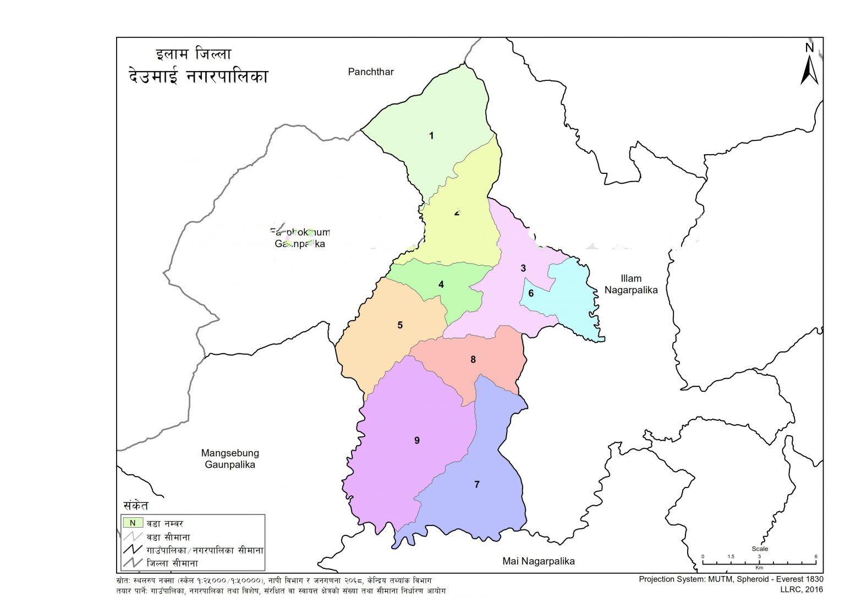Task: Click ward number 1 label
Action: coord(431,135)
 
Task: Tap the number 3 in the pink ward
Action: coord(523,268)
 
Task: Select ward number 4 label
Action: coord(441,284)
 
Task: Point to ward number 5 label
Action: coord(400,325)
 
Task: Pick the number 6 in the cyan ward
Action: coord(531,293)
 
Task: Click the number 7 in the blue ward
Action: coord(477,484)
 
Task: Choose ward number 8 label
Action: coord(473,359)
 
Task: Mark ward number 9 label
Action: coord(417,440)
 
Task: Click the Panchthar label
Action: coord(371,72)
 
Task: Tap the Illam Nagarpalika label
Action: coord(631,284)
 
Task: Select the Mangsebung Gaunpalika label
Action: coord(230,459)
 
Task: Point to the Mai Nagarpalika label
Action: coord(539,561)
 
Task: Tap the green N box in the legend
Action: coord(133,523)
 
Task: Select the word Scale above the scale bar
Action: coord(760,549)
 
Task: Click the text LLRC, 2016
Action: coord(802,589)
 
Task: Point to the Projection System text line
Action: coord(731,579)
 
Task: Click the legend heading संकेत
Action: coord(136,505)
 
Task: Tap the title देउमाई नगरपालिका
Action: coord(198,75)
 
